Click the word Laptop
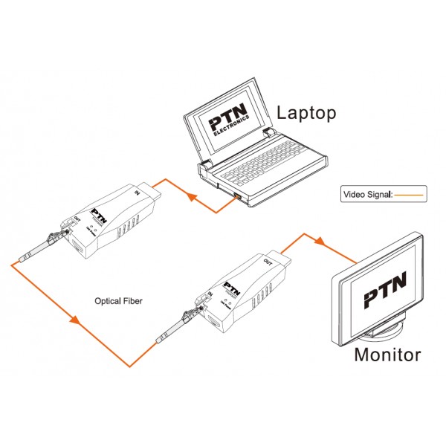[x=306, y=113]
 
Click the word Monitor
[x=387, y=354]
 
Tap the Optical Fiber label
[x=118, y=302]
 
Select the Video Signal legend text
[x=368, y=195]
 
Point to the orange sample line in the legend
[x=408, y=196]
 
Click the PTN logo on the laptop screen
[x=228, y=124]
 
